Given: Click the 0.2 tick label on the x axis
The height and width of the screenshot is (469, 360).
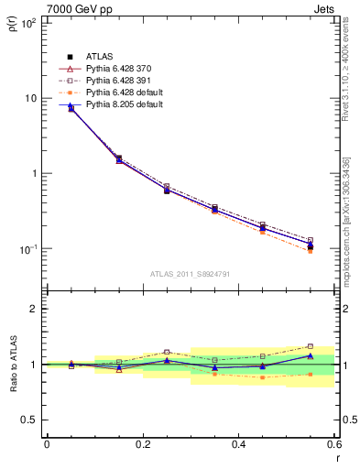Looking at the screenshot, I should pos(143,444).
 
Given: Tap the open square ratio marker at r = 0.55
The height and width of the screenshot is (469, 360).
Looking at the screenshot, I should pos(310,346).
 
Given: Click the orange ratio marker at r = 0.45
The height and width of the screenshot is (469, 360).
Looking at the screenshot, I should pos(262,377).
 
